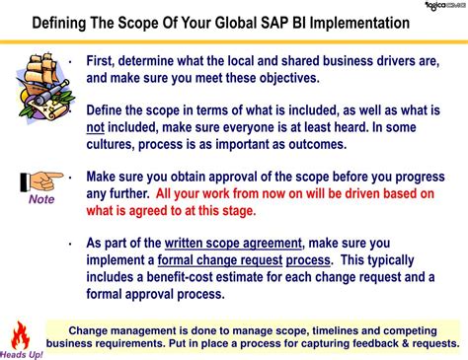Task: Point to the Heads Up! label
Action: (22, 353)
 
